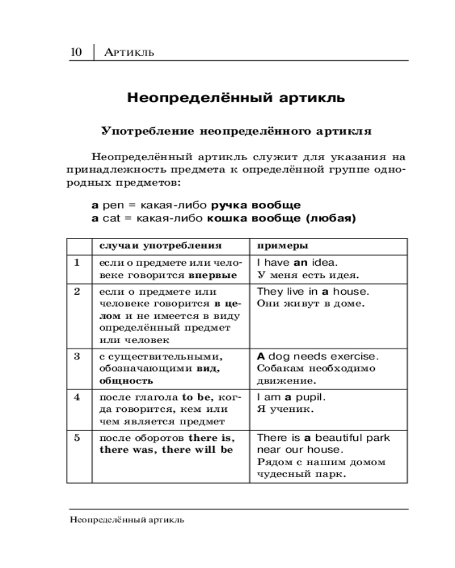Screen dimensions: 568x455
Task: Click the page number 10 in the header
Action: tap(76, 52)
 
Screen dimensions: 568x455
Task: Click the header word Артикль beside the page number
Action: tap(130, 53)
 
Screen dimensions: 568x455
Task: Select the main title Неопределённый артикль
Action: tap(236, 97)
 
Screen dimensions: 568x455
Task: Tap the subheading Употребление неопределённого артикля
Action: tap(236, 131)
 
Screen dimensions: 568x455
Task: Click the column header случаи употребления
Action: tap(160, 246)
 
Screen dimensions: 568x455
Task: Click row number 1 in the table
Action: tap(77, 262)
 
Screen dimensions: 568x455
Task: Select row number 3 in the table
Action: tap(77, 356)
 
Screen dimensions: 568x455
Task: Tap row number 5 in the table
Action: tap(77, 438)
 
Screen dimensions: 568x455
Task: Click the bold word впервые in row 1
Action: tap(213, 275)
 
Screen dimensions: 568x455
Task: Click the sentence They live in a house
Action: tap(313, 291)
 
